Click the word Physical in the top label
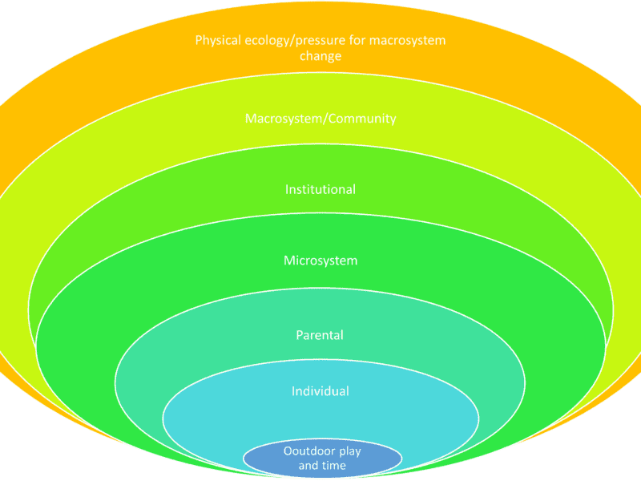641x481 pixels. [217, 40]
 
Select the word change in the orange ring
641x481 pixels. [320, 56]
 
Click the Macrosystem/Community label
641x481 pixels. [320, 119]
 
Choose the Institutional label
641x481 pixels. [320, 190]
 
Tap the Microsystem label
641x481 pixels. [320, 261]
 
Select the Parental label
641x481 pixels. [320, 335]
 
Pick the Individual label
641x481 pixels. [320, 391]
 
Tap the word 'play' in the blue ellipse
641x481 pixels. [349, 452]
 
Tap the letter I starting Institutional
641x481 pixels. [287, 190]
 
